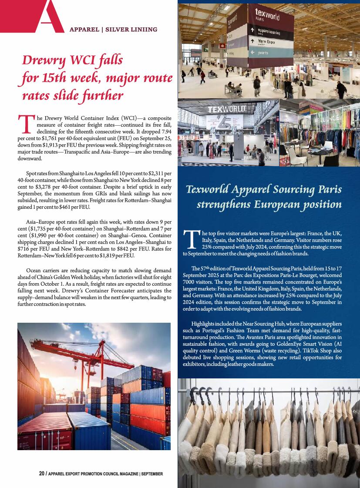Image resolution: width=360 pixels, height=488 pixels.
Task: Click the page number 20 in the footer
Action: click(x=42, y=473)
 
